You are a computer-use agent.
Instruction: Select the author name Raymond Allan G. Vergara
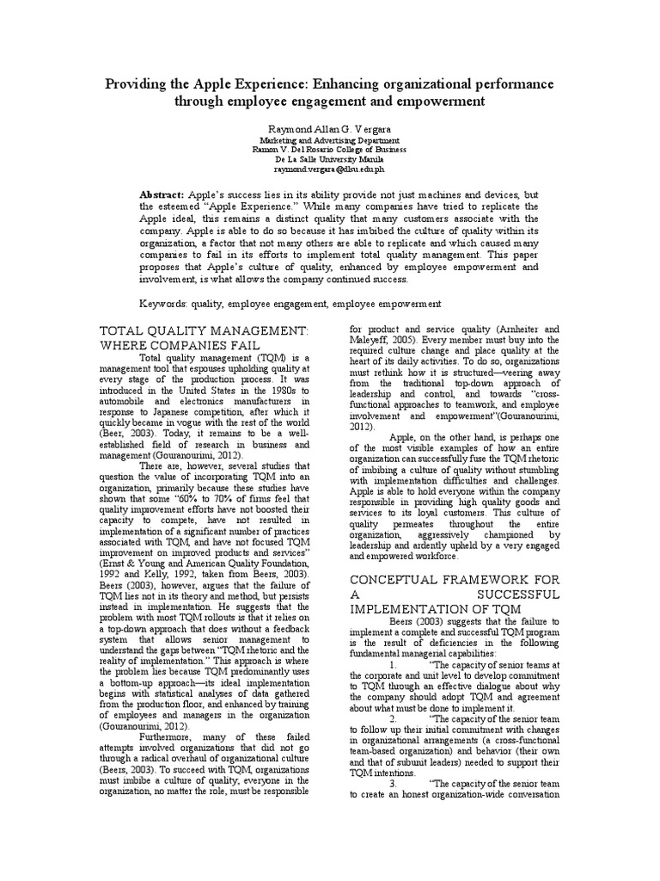(x=329, y=126)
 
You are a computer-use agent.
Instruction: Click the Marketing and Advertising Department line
(x=329, y=139)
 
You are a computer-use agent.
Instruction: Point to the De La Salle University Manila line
(x=329, y=159)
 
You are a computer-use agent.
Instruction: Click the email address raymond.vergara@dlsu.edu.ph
(x=329, y=169)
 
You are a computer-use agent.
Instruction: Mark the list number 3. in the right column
(x=394, y=785)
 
